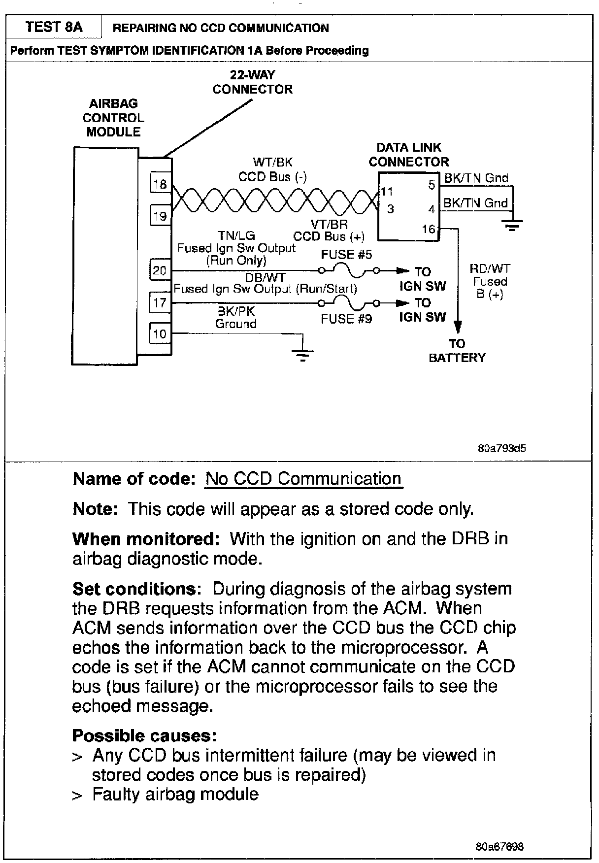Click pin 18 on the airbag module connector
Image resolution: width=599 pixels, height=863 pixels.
pyautogui.click(x=160, y=184)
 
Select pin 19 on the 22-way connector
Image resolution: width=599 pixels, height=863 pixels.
pyautogui.click(x=160, y=216)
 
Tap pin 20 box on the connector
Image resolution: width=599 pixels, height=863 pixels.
pyautogui.click(x=160, y=270)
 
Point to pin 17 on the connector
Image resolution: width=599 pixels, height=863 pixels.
pyautogui.click(x=160, y=302)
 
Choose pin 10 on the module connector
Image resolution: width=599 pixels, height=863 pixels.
pyautogui.click(x=160, y=334)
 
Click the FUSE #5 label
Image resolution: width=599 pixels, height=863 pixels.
pyautogui.click(x=346, y=255)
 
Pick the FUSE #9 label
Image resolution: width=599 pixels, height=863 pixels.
pyautogui.click(x=346, y=319)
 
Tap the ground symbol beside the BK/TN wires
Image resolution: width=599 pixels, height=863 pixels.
pyautogui.click(x=512, y=226)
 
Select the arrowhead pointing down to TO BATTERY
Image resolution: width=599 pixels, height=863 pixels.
pyautogui.click(x=458, y=327)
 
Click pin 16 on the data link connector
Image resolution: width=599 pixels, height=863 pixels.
pyautogui.click(x=429, y=229)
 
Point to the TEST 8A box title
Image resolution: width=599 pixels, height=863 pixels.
pyautogui.click(x=54, y=27)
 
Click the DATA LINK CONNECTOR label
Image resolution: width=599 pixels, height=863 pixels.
pyautogui.click(x=409, y=155)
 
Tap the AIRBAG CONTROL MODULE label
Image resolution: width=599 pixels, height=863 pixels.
pyautogui.click(x=113, y=118)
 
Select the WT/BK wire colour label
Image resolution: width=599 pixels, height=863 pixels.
pyautogui.click(x=272, y=162)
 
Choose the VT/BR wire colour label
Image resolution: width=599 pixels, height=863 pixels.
pyautogui.click(x=329, y=224)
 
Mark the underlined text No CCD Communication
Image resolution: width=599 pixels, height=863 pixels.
pyautogui.click(x=303, y=479)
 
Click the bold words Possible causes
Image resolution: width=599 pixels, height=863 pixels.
pyautogui.click(x=144, y=735)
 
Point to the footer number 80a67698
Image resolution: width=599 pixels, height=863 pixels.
pyautogui.click(x=499, y=847)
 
